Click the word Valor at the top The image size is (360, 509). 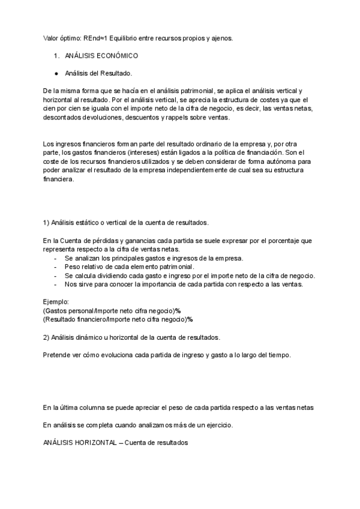(52, 38)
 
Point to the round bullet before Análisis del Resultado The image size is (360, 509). (56, 73)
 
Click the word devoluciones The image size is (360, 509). (104, 118)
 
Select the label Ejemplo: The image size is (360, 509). (56, 301)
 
